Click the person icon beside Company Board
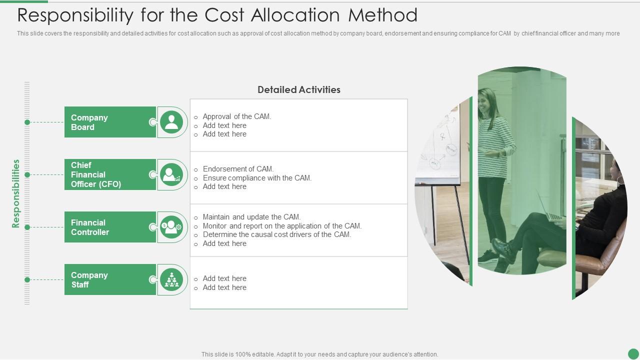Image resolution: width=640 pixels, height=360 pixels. click(171, 122)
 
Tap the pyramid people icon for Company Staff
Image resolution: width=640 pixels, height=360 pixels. click(171, 279)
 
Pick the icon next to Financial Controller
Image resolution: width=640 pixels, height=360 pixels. click(171, 227)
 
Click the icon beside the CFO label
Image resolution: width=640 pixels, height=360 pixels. click(171, 174)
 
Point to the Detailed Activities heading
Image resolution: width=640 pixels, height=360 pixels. click(298, 90)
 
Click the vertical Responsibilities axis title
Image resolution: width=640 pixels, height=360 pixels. click(16, 193)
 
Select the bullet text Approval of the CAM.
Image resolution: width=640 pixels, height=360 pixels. click(236, 116)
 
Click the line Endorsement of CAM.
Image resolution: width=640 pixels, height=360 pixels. click(238, 169)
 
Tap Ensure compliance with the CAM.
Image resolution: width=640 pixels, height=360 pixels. click(257, 178)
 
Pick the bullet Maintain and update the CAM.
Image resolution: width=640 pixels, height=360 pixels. click(251, 217)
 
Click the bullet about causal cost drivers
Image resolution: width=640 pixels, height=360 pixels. click(276, 234)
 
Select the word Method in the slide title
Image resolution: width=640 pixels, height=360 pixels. click(382, 15)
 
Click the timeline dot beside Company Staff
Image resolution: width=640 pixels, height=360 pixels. click(27, 279)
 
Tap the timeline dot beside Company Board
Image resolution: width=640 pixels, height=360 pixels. click(27, 122)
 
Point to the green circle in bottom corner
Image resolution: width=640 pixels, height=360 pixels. click(633, 353)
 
